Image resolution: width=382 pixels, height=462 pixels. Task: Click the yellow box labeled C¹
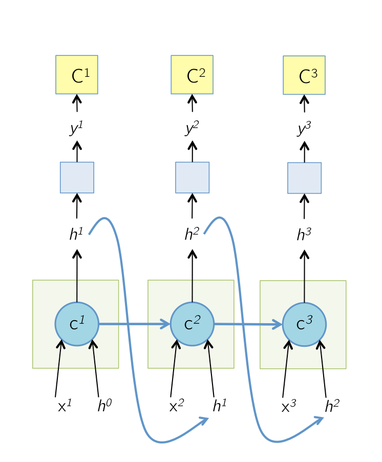(x=77, y=75)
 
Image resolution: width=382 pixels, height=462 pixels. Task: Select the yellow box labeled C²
(x=192, y=75)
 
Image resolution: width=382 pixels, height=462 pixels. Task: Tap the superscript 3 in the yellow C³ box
(x=314, y=73)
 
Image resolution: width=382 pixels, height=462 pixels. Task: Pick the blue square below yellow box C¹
(x=77, y=178)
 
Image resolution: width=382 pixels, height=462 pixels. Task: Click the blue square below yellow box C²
(x=193, y=178)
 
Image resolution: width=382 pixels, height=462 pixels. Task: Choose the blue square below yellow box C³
(x=305, y=178)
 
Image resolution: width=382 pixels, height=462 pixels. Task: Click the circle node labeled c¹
(x=77, y=324)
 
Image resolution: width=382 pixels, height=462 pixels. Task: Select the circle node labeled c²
(x=192, y=324)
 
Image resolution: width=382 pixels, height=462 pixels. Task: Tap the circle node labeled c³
(x=304, y=325)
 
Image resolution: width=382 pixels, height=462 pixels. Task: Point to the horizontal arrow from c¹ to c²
(x=133, y=324)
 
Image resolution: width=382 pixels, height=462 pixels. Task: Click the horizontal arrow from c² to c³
(x=248, y=324)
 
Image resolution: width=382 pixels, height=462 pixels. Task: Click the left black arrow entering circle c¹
(x=60, y=354)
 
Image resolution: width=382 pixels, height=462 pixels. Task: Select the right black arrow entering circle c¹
(x=94, y=354)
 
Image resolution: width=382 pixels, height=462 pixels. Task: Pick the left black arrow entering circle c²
(x=175, y=354)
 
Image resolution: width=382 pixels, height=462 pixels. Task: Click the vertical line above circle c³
(x=305, y=291)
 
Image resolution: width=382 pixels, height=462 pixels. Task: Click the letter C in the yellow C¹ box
(x=77, y=77)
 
